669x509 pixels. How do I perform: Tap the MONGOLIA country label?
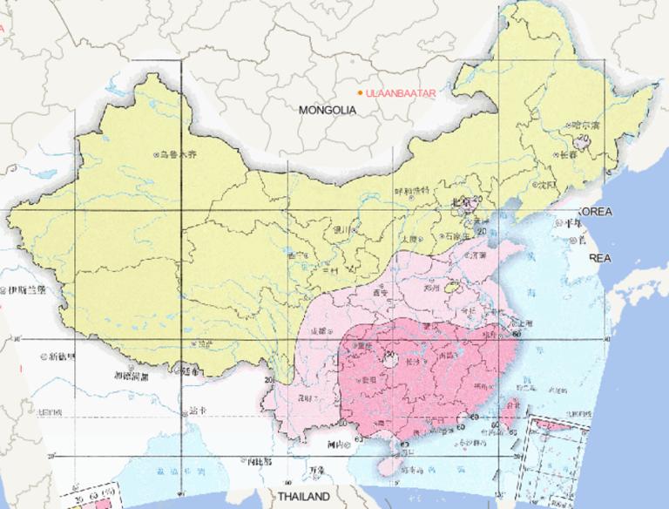click(x=328, y=111)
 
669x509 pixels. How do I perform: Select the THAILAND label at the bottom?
click(x=304, y=496)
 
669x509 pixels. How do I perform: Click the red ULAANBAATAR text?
click(x=401, y=92)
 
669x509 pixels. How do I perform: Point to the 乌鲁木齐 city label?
click(x=178, y=154)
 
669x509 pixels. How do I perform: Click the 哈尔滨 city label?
click(x=586, y=126)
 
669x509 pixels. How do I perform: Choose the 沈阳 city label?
click(x=546, y=185)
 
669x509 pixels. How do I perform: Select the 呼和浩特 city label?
click(x=412, y=191)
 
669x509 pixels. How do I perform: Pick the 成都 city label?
click(x=320, y=331)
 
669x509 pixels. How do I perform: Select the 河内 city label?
click(x=339, y=444)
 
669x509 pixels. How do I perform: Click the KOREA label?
click(x=596, y=212)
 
